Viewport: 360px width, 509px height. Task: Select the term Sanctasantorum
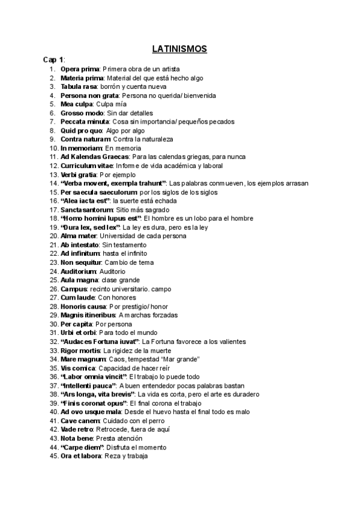tap(85, 209)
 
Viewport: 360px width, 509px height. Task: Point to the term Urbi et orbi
tap(79, 333)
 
